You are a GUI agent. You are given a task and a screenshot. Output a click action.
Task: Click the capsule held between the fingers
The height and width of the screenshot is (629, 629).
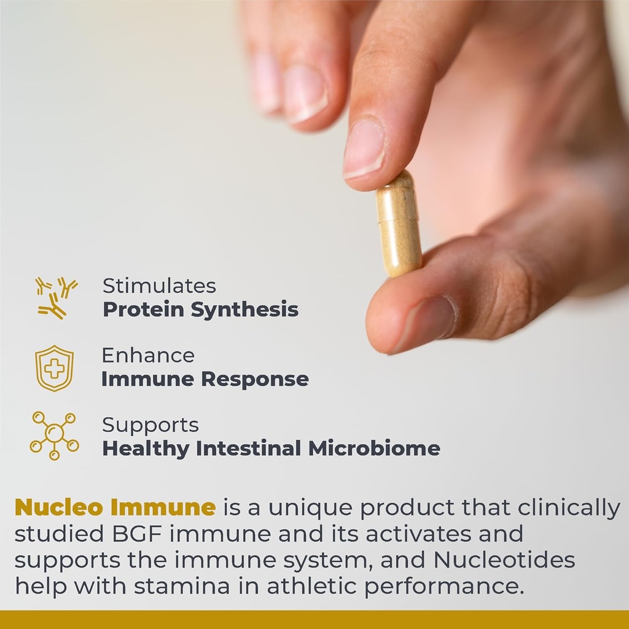[x=399, y=224]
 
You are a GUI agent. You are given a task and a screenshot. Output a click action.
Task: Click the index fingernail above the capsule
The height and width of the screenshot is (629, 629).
[x=364, y=147]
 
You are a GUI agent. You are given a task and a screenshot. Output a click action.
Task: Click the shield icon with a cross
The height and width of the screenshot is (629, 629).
[x=54, y=368]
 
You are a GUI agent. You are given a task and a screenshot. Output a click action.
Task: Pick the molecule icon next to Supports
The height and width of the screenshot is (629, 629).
[x=54, y=435]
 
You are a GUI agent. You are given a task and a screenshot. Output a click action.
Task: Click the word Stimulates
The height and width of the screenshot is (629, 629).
[x=159, y=286]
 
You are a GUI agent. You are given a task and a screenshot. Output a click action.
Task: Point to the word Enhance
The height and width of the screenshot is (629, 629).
[x=148, y=355]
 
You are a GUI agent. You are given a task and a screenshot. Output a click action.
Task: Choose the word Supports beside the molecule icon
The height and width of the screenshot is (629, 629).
[x=150, y=424]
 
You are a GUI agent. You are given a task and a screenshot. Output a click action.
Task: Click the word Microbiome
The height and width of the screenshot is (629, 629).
[x=374, y=448]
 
